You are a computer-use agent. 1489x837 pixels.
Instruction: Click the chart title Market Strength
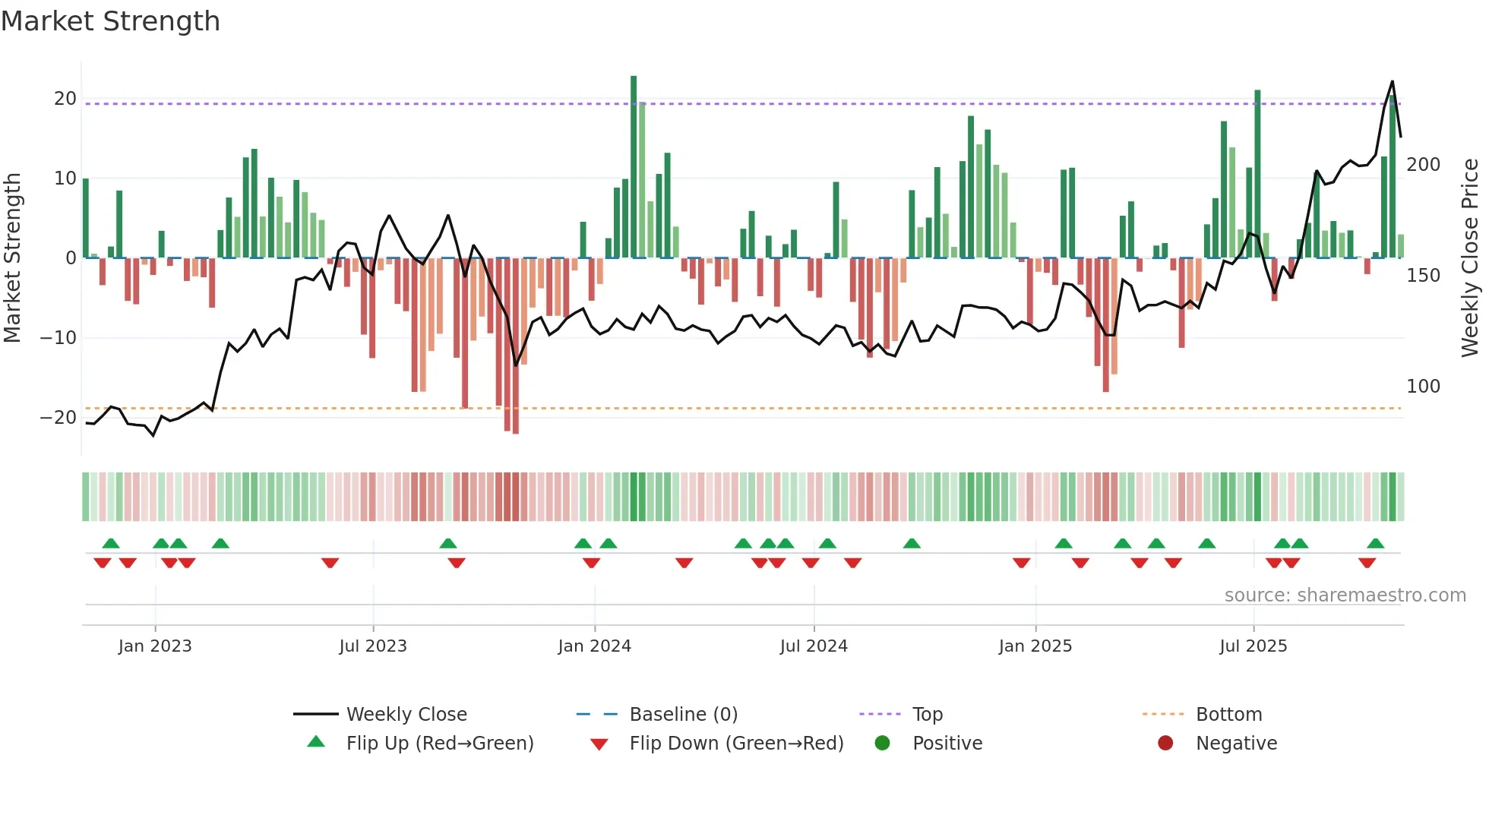[x=110, y=21]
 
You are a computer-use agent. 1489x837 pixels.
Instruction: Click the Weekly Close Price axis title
[x=1470, y=257]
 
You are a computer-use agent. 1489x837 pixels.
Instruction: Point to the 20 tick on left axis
[x=65, y=99]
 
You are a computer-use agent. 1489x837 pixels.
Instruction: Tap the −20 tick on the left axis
[x=58, y=418]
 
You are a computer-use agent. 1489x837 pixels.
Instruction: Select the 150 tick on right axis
[x=1423, y=276]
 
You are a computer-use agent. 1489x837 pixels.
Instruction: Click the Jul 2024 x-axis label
[x=813, y=646]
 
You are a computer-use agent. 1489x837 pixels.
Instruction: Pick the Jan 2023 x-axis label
[x=155, y=646]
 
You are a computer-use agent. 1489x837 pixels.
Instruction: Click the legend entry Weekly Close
[x=406, y=715]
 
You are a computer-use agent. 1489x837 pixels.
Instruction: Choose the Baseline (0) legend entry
[x=683, y=715]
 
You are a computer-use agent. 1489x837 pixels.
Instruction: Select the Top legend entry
[x=927, y=715]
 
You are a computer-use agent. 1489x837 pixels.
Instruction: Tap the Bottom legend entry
[x=1228, y=715]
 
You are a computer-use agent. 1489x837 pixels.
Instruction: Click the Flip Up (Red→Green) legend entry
[x=439, y=744]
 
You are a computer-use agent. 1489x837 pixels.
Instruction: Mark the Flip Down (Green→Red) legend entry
[x=735, y=744]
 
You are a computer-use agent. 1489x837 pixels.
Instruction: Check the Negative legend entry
[x=1235, y=744]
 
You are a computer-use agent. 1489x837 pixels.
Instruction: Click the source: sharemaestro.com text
[x=1345, y=595]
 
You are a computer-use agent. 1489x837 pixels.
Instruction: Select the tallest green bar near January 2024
[x=634, y=167]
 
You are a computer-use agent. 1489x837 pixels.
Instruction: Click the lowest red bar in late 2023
[x=516, y=346]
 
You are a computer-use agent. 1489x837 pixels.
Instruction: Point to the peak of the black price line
[x=1392, y=81]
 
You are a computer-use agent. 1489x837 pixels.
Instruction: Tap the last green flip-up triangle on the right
[x=1375, y=543]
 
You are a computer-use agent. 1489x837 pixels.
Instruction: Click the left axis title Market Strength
[x=12, y=257]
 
